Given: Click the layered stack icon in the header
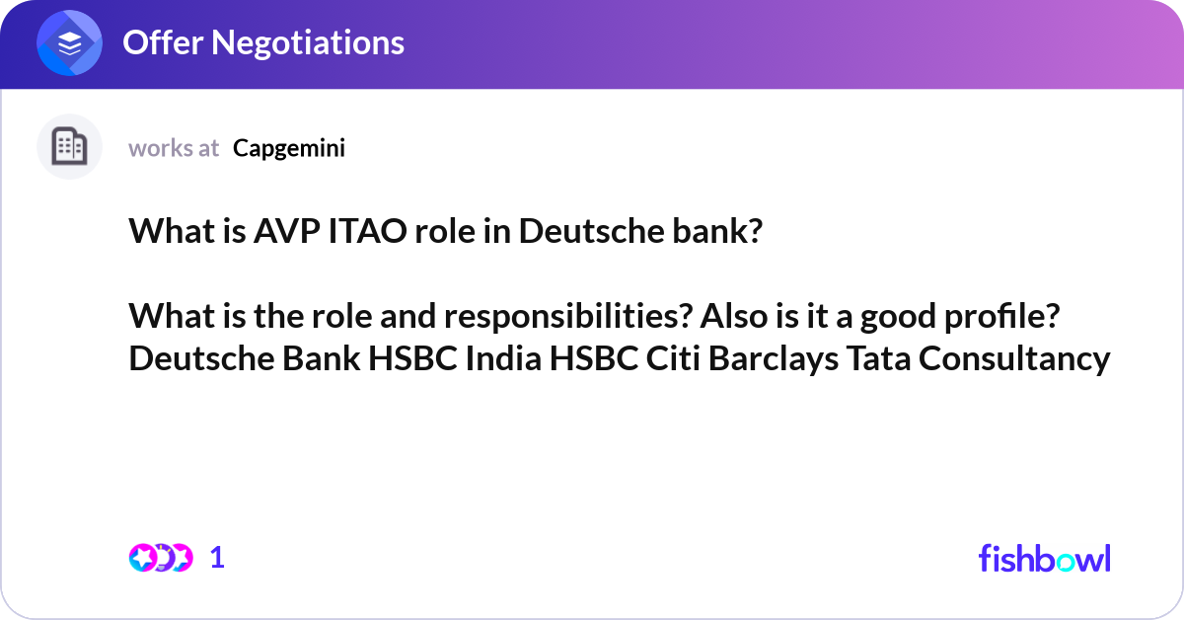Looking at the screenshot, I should pyautogui.click(x=69, y=43).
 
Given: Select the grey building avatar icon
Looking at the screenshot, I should pyautogui.click(x=69, y=147).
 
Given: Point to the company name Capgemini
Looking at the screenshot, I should pyautogui.click(x=289, y=148).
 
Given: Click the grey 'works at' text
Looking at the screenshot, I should pyautogui.click(x=174, y=148).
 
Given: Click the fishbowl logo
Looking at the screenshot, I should pyautogui.click(x=1044, y=558).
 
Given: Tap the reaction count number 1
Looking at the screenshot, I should pyautogui.click(x=217, y=558).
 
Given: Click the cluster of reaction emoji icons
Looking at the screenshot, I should pyautogui.click(x=160, y=558).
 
